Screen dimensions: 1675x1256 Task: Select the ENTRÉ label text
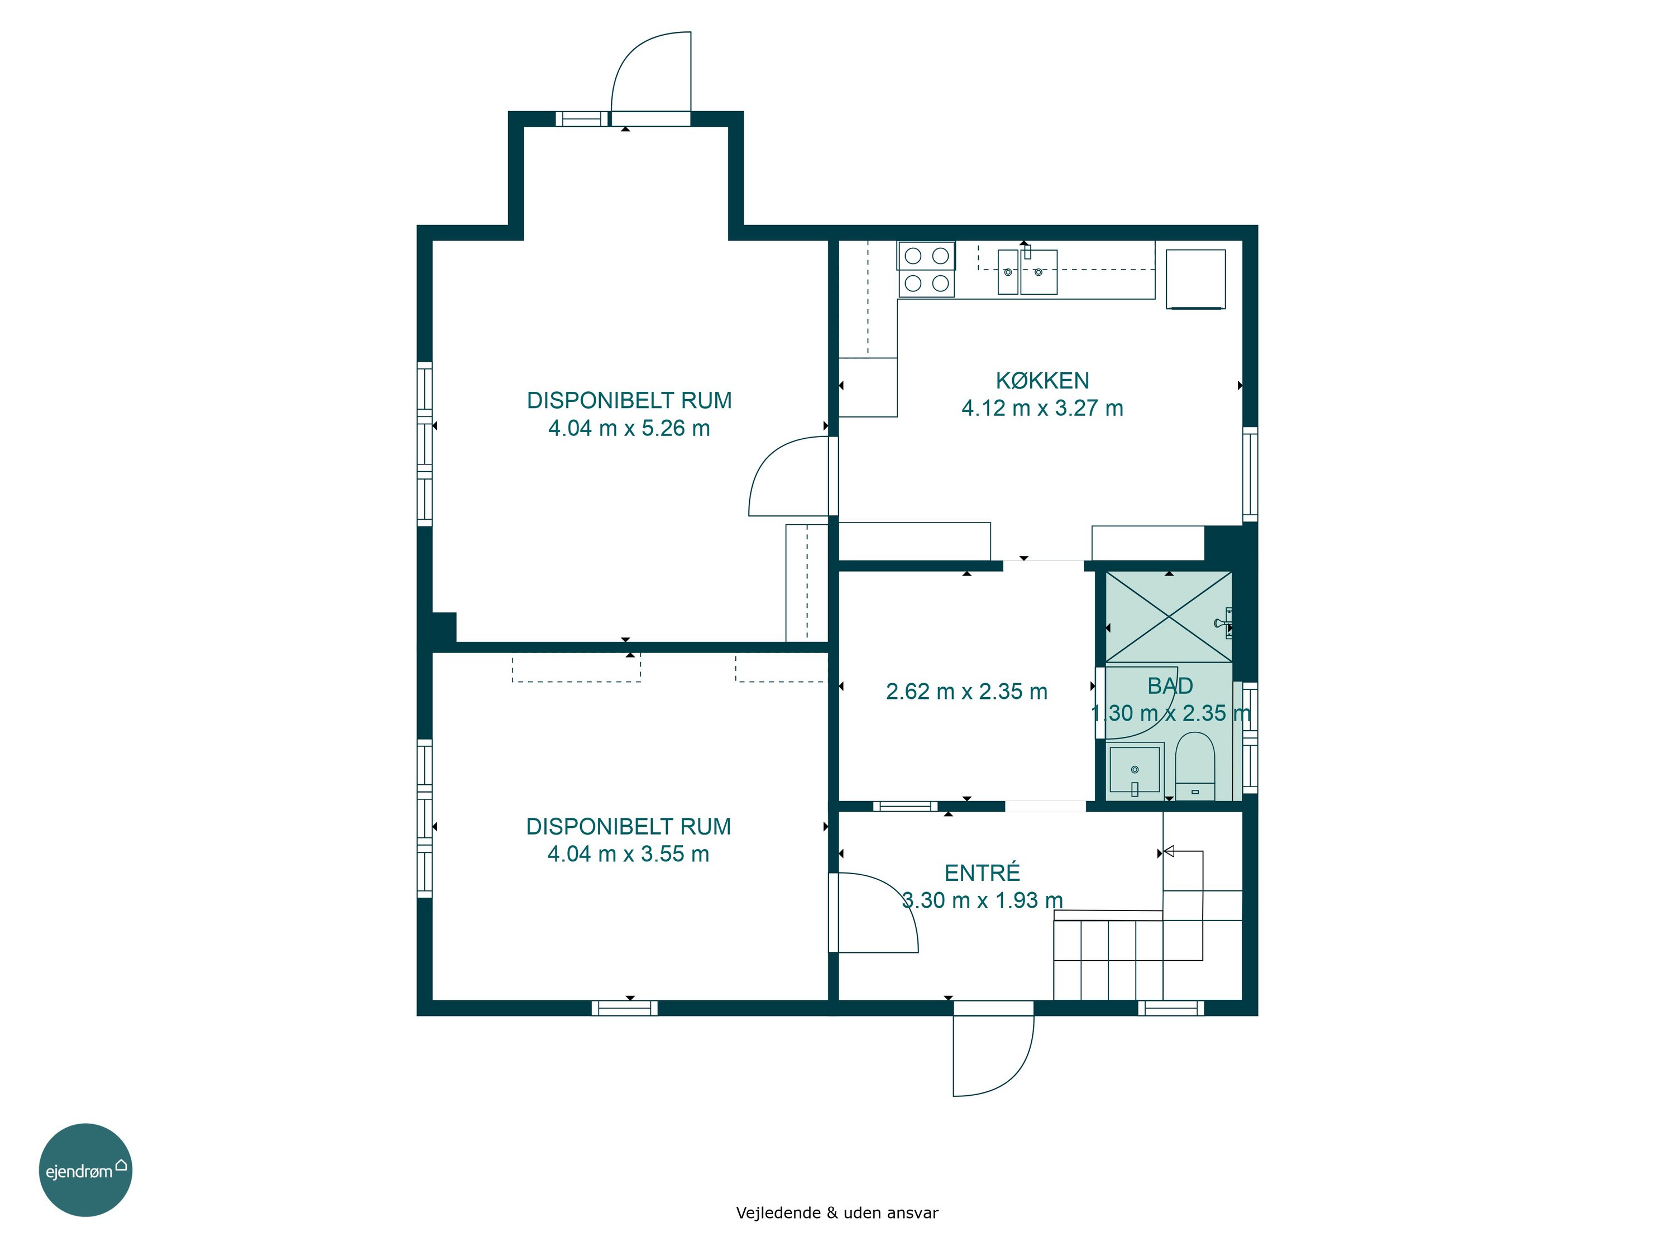[982, 873]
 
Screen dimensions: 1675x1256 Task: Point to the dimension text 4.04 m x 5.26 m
[629, 429]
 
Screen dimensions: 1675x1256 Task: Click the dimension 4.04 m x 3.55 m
[629, 854]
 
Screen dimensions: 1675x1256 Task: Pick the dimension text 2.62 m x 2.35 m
[966, 691]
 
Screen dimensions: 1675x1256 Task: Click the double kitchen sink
[1027, 272]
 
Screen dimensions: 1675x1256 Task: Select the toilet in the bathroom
[1195, 765]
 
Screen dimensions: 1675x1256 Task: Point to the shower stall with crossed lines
[1169, 617]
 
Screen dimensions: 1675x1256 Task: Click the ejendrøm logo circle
[85, 1169]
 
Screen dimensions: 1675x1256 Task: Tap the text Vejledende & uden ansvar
[837, 1213]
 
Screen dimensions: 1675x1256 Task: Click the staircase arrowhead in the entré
[1169, 852]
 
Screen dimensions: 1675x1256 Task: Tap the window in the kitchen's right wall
[1250, 474]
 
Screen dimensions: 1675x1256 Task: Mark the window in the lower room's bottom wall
[625, 1008]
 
